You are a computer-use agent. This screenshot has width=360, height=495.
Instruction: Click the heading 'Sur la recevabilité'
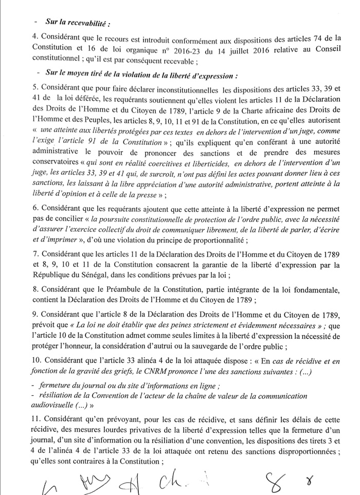point(78,23)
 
